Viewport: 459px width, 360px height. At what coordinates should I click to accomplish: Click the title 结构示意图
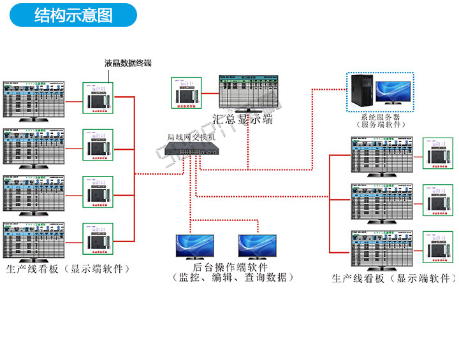pyautogui.click(x=73, y=15)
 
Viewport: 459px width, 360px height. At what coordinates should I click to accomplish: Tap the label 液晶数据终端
pyautogui.click(x=128, y=63)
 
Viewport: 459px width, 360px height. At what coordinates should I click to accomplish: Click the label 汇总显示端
pyautogui.click(x=242, y=119)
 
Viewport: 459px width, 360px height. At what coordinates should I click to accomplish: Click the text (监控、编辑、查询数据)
pyautogui.click(x=233, y=278)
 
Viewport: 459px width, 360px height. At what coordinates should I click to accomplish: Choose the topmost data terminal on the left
pyautogui.click(x=98, y=99)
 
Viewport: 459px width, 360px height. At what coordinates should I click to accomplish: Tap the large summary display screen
pyautogui.click(x=248, y=93)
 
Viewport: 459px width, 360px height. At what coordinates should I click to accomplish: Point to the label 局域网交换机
pyautogui.click(x=191, y=137)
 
